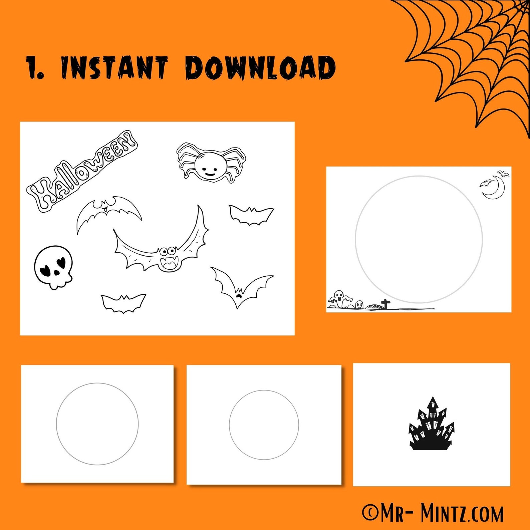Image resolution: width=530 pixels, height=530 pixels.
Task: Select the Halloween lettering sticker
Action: tap(82, 171)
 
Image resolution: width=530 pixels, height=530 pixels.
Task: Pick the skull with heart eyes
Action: tap(53, 267)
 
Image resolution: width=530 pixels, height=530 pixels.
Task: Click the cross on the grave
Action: tap(386, 304)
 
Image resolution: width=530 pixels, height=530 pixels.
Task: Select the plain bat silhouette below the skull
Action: tap(123, 303)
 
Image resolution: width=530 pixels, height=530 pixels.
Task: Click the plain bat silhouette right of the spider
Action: tap(251, 215)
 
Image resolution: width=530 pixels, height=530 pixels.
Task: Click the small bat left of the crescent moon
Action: tap(487, 183)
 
